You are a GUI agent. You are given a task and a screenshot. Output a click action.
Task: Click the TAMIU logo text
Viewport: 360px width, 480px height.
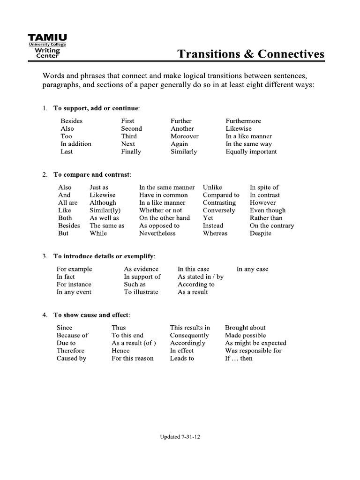click(x=47, y=37)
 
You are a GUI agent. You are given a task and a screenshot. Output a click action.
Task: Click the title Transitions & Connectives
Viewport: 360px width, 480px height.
click(x=251, y=54)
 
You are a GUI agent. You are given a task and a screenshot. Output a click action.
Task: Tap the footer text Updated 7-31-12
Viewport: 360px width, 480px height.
click(x=180, y=436)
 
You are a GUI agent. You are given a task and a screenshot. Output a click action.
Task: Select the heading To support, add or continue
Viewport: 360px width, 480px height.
click(x=96, y=108)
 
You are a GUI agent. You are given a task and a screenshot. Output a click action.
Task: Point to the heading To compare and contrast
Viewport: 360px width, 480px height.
click(x=92, y=174)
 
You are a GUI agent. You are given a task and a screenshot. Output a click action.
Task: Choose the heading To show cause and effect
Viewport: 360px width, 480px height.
click(x=91, y=315)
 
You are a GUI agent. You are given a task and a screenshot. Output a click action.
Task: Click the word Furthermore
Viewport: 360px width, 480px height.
click(x=243, y=121)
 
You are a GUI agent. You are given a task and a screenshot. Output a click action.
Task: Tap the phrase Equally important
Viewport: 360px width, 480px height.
click(x=251, y=151)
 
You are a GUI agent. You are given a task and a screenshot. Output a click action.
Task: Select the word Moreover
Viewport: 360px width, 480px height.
click(x=184, y=136)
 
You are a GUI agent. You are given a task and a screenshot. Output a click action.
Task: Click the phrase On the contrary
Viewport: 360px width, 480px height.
click(x=272, y=225)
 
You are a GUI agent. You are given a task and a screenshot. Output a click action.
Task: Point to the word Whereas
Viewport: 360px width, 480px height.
click(x=215, y=233)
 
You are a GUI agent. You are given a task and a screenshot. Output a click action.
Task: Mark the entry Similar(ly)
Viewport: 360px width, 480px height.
click(x=105, y=210)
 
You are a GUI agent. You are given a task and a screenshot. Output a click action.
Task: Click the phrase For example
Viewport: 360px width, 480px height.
click(x=74, y=269)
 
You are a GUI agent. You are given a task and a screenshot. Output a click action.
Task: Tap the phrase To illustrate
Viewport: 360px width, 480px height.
click(x=141, y=292)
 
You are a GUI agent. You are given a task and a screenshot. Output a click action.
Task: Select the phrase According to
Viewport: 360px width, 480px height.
click(x=196, y=284)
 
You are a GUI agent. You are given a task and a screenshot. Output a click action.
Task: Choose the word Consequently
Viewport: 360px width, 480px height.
click(x=189, y=335)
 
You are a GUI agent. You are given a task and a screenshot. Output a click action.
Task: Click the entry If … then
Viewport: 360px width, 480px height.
click(x=238, y=358)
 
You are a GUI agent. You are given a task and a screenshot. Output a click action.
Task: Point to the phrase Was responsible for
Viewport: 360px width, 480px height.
click(x=253, y=351)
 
